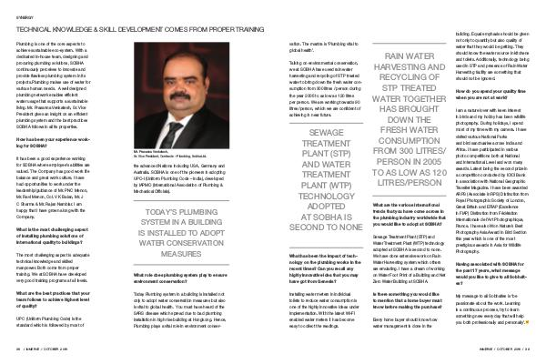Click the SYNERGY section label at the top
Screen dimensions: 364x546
pyautogui.click(x=24, y=15)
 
